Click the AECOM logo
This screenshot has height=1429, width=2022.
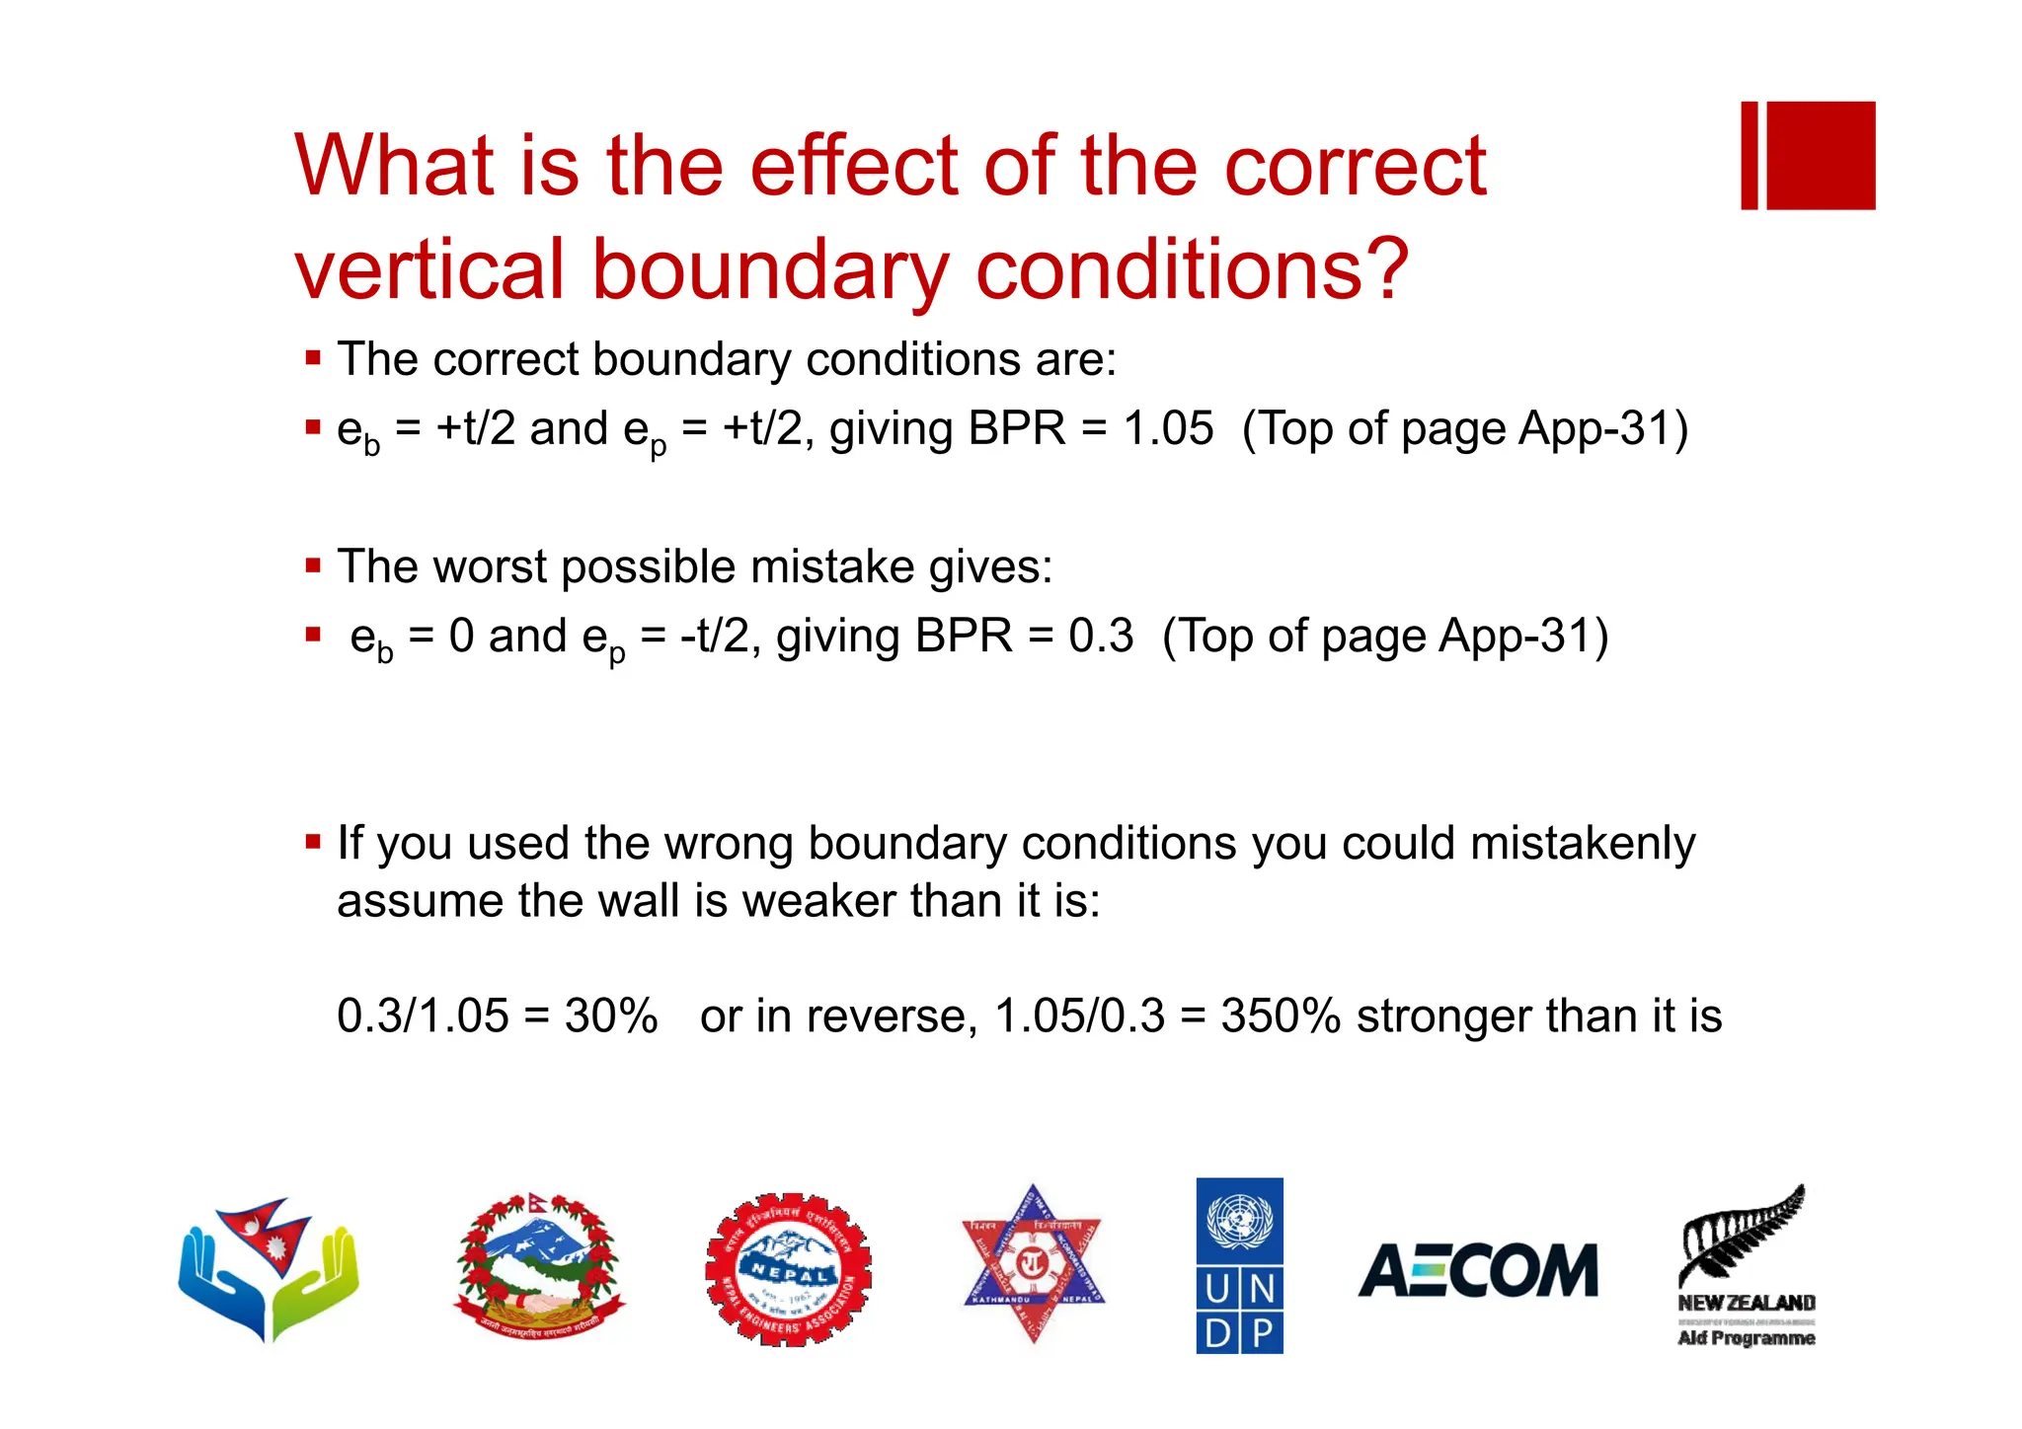pyautogui.click(x=1478, y=1270)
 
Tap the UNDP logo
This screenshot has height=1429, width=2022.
pyautogui.click(x=1239, y=1265)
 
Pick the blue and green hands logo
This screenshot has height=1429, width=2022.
pyautogui.click(x=269, y=1268)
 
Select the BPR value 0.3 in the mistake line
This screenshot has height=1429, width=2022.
pyautogui.click(x=1101, y=636)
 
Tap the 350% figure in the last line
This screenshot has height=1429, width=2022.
pyautogui.click(x=1281, y=1015)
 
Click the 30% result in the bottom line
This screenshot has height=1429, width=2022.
pyautogui.click(x=610, y=1015)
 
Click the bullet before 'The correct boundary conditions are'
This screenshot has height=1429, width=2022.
pyautogui.click(x=313, y=358)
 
